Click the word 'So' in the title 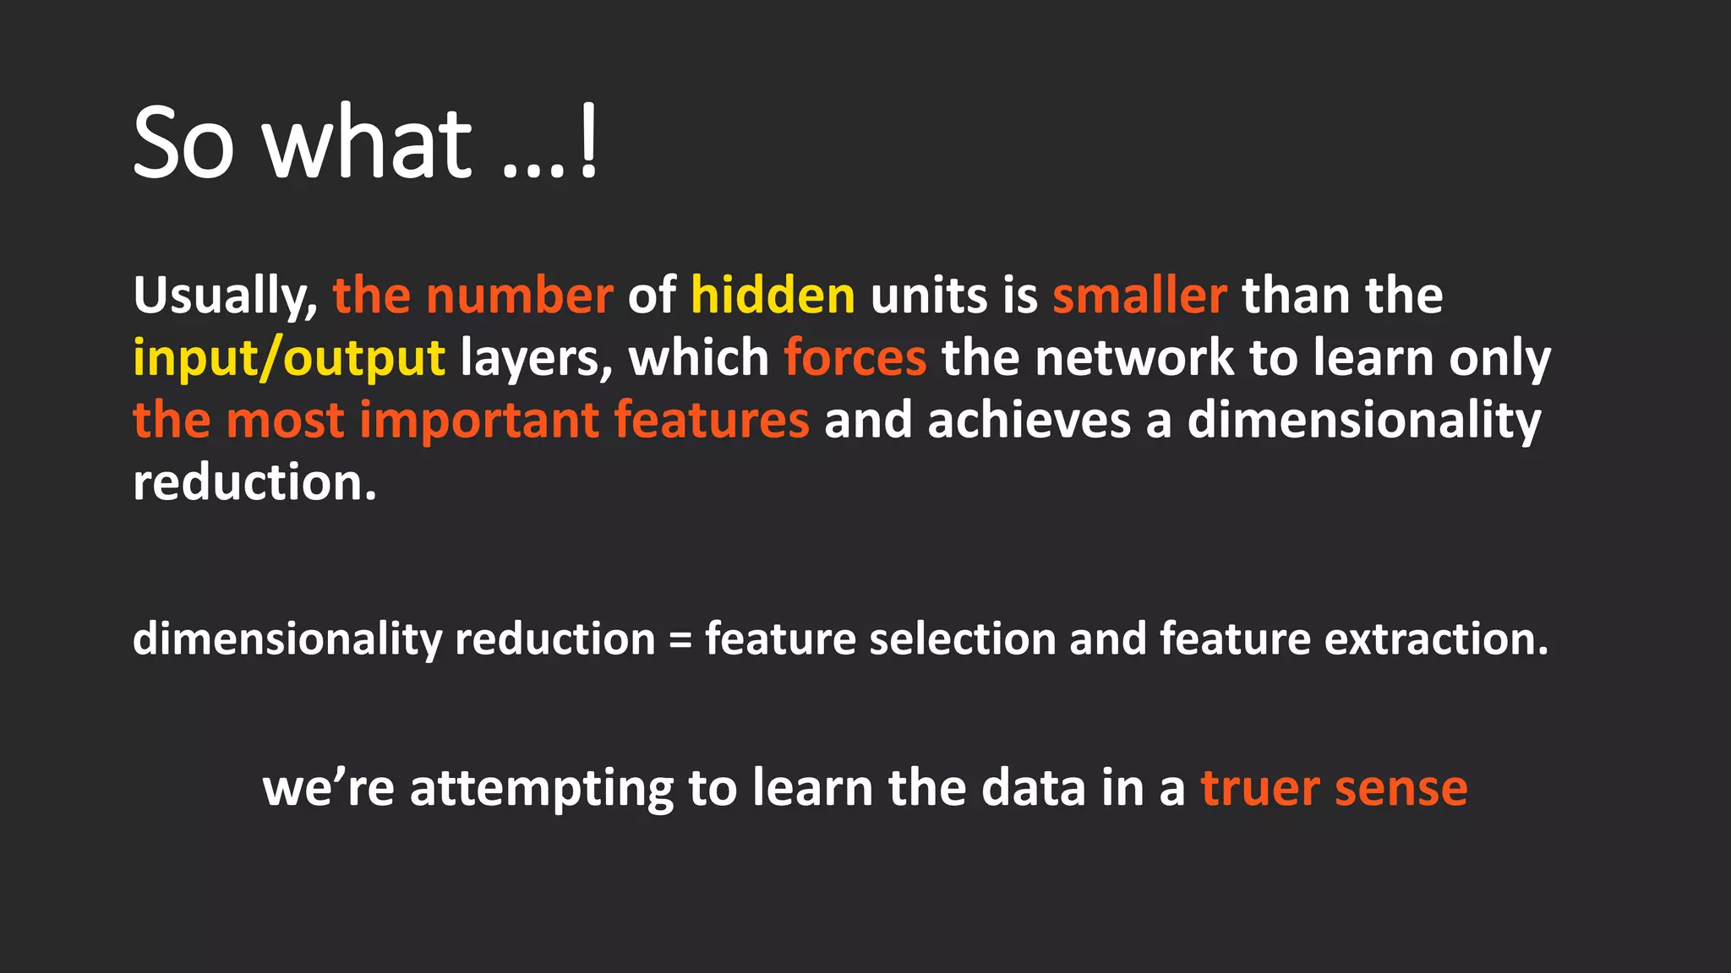(183, 144)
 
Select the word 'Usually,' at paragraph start (225, 296)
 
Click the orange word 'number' (519, 296)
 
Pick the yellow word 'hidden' (773, 296)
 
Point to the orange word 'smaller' (1139, 296)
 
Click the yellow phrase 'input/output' (288, 359)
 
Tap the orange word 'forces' (855, 359)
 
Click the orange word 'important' (479, 421)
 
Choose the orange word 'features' (711, 421)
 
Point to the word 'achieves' (1028, 421)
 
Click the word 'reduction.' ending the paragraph (254, 483)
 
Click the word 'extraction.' (1436, 639)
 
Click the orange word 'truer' (1259, 790)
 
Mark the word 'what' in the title (367, 144)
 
